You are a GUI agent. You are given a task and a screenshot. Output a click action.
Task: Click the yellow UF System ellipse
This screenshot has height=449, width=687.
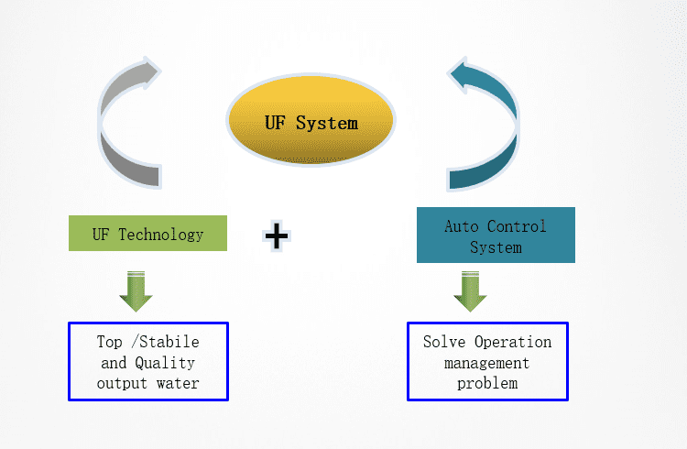coord(311,122)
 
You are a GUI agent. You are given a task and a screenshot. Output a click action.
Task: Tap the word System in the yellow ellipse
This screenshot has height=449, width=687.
coord(327,122)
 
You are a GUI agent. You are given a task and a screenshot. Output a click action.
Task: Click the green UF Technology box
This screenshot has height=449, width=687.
coord(147,234)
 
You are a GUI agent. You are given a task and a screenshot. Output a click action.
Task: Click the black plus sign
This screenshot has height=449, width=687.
coord(276,235)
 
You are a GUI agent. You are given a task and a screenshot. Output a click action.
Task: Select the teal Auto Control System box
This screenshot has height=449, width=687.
coord(496,235)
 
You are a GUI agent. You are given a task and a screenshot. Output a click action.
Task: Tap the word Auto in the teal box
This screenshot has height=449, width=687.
coord(462,225)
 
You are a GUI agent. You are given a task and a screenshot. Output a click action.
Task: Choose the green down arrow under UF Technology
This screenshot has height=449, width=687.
coord(136,290)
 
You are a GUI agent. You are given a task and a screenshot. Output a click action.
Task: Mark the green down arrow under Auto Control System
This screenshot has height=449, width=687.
coord(470,290)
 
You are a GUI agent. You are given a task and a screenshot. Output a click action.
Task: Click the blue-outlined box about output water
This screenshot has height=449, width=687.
coord(147,361)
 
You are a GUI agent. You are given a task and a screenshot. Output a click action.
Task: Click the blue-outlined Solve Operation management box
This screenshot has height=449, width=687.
coord(487,361)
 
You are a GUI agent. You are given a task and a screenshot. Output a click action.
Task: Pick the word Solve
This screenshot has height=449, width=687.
coord(444,342)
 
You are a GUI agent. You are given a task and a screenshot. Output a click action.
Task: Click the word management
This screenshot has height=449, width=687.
coord(487,362)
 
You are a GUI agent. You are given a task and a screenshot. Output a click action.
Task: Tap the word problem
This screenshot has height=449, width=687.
coord(487,382)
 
